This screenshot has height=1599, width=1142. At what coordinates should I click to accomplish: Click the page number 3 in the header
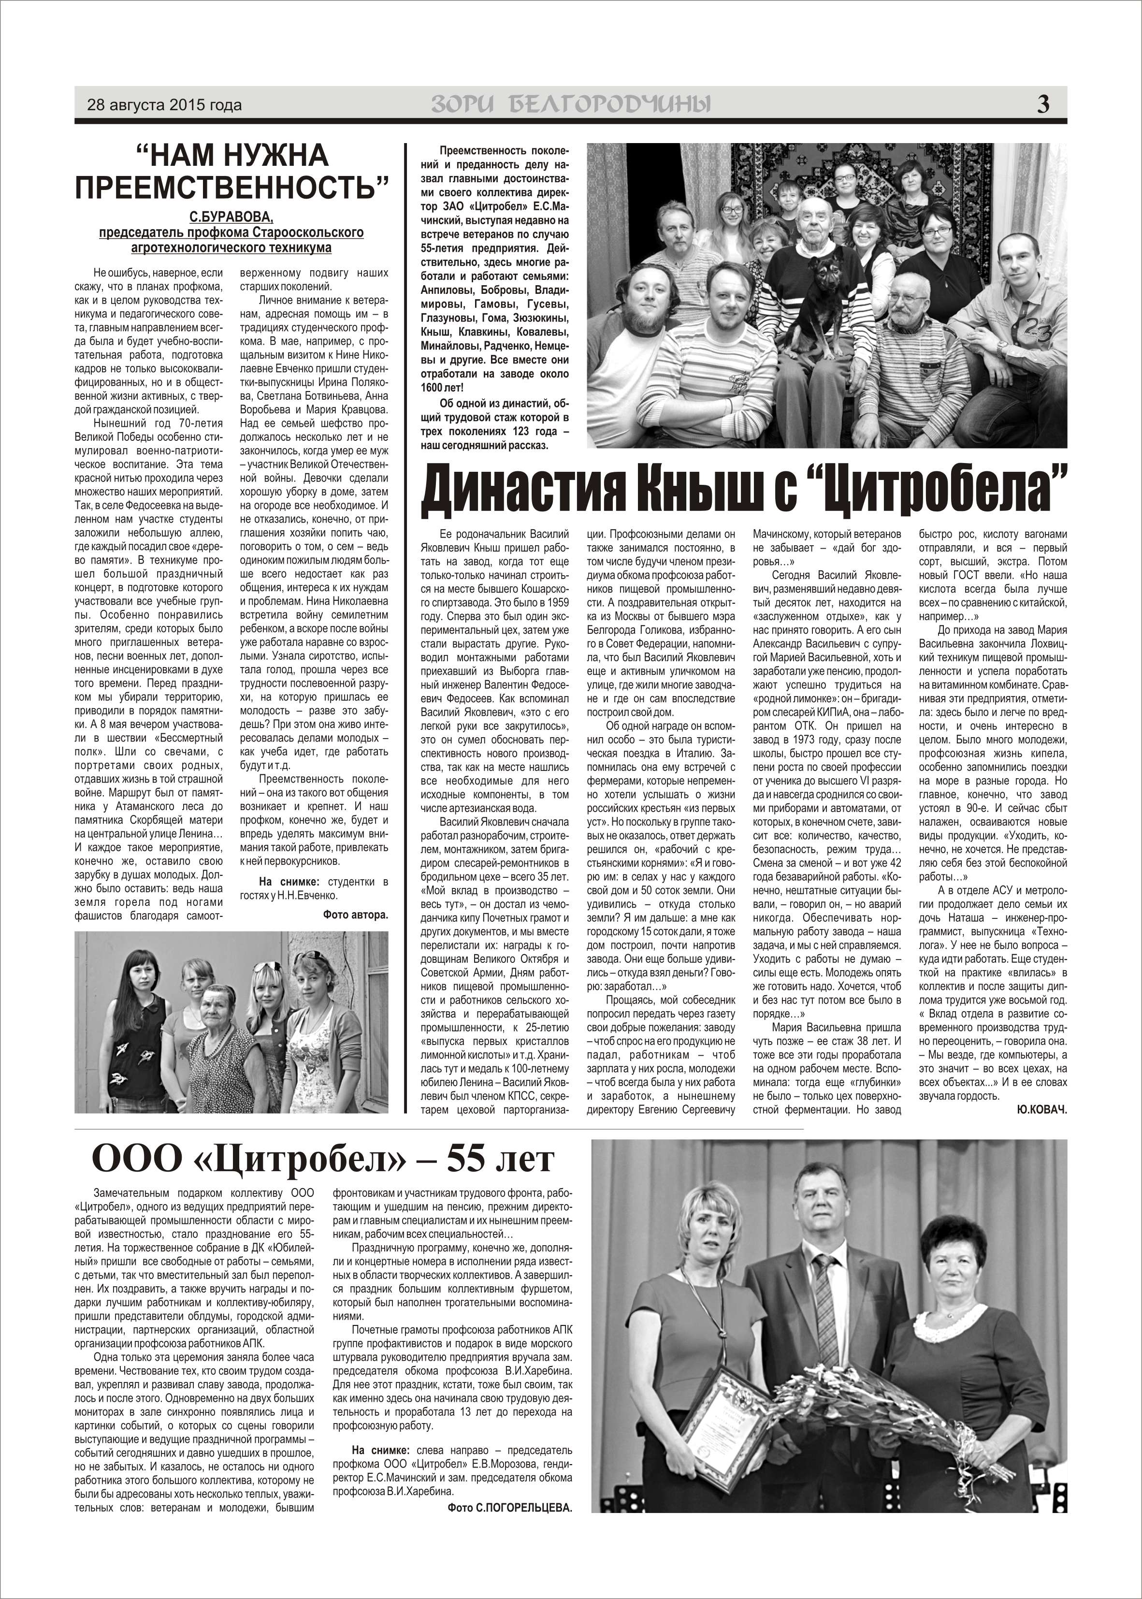[1043, 104]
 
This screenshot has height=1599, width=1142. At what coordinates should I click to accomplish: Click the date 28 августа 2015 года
[164, 105]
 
